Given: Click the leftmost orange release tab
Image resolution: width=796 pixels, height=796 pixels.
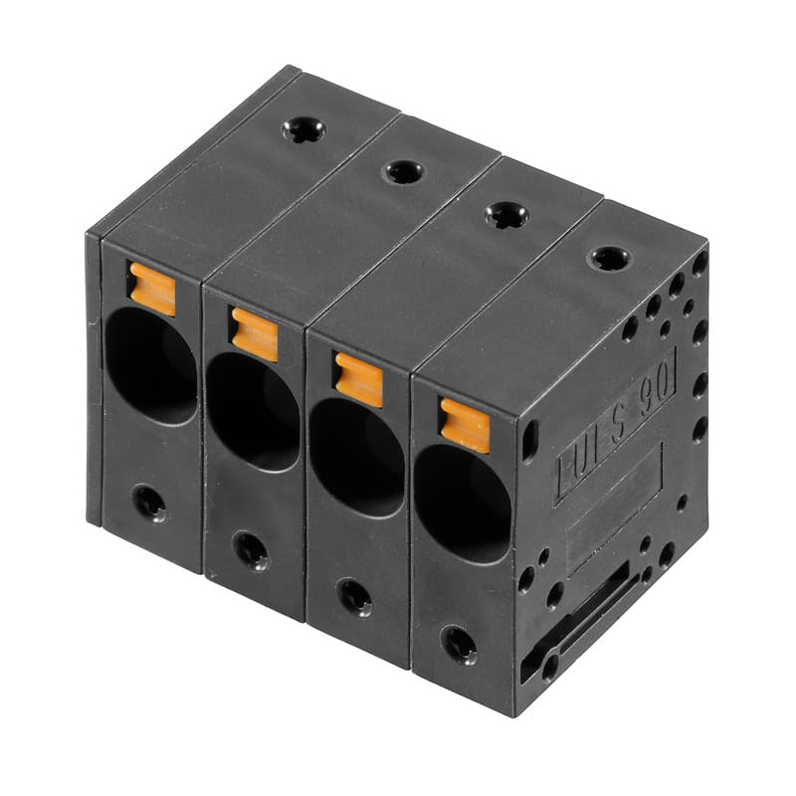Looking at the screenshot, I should pos(152,289).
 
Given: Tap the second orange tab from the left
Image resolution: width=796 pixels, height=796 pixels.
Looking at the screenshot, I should pos(254,334).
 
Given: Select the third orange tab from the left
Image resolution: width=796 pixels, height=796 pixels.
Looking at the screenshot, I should pos(358,379).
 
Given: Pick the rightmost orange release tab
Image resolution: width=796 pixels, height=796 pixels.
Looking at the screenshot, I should pos(465,425).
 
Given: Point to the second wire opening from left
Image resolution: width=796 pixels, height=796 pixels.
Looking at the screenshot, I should pos(253,411).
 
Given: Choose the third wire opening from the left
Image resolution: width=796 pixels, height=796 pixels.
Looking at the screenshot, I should pos(356,458).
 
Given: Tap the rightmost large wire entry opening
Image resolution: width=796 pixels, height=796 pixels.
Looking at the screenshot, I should pos(462,503).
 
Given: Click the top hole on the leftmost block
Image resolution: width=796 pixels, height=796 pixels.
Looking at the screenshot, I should pos(302,129).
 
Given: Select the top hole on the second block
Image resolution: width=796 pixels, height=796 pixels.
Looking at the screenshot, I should pos(404,171).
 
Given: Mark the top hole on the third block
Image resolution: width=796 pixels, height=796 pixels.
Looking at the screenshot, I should pos(505,214).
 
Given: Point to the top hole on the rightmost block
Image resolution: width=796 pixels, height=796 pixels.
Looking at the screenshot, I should pos(608,259).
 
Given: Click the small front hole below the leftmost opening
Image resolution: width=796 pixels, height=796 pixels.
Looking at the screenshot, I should pos(150,501).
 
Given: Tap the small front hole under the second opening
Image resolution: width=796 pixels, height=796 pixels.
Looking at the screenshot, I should pos(250,548).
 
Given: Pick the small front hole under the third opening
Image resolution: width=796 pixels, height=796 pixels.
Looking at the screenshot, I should pos(354,596).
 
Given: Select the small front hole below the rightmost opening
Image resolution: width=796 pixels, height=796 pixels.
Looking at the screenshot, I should pos(459,644).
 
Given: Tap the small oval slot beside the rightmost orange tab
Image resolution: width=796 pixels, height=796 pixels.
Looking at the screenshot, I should pos(529,439).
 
